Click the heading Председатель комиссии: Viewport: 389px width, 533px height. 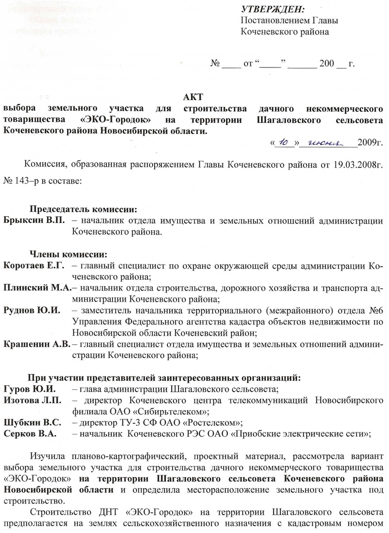coord(84,210)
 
